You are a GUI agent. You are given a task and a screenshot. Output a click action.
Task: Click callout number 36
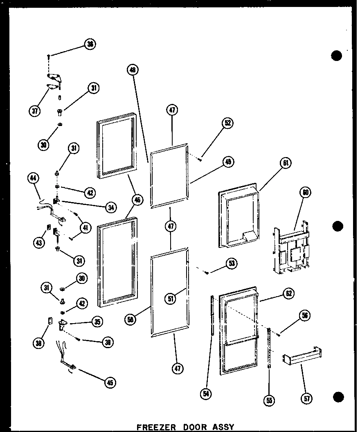coord(89,44)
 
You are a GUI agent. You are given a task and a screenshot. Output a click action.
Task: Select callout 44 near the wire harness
coord(33,178)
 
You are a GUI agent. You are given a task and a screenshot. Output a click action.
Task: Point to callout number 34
coord(109,208)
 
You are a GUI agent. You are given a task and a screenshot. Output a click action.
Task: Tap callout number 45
coord(109,382)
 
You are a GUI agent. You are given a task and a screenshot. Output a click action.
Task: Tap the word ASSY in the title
coord(223,427)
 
